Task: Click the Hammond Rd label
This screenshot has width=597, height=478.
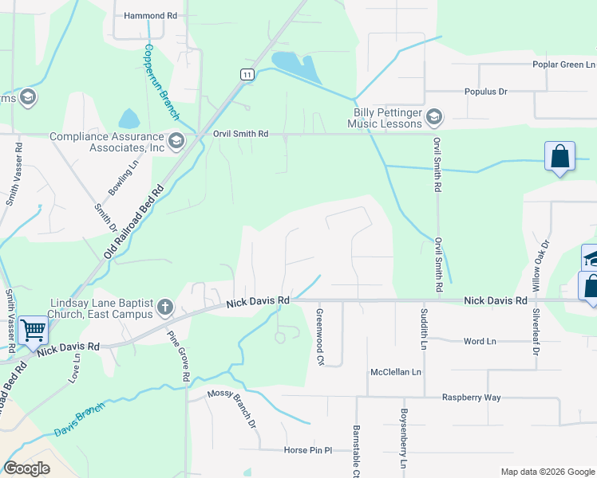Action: pos(151,15)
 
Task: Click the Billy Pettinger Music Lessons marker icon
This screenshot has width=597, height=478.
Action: pos(434,118)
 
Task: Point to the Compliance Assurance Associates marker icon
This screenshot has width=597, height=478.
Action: pos(176,142)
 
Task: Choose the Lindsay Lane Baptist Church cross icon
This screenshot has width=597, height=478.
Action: pos(164,307)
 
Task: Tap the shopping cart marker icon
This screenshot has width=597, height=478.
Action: pos(32,328)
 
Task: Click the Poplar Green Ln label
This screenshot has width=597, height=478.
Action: pos(564,65)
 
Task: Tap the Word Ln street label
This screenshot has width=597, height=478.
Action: pos(480,341)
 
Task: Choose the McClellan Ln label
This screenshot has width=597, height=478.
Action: pos(395,372)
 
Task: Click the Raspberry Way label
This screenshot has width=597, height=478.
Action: pos(471,397)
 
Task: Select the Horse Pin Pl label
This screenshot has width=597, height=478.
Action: pos(307,450)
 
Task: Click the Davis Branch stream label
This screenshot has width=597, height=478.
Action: pos(79,421)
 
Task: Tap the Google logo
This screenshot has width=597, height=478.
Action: pos(27,468)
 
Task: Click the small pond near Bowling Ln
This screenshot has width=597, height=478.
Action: pos(128,119)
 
